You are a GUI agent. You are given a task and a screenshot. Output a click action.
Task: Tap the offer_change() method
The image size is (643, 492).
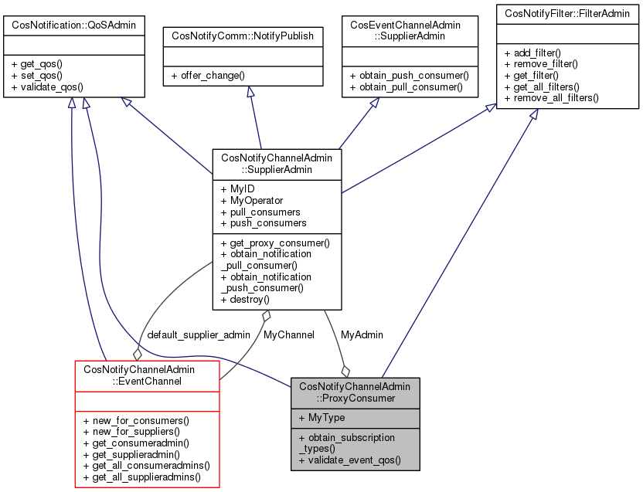209,76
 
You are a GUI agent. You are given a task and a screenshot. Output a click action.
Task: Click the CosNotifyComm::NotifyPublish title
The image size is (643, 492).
243,35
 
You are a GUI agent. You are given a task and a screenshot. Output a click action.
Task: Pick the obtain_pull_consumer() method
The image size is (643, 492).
406,87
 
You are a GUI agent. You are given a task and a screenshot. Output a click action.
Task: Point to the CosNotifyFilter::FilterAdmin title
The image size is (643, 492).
567,13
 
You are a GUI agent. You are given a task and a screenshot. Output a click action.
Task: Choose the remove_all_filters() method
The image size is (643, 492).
551,98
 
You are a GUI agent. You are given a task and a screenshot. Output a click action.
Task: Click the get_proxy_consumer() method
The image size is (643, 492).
275,243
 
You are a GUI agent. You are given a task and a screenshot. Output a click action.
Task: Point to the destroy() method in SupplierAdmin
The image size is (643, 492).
245,299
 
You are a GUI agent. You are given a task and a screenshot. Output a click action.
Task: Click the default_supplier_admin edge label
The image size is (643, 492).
199,335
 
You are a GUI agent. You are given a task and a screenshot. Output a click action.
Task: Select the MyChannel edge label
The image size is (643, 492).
288,335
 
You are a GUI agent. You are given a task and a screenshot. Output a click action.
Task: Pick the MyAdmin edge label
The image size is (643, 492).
362,335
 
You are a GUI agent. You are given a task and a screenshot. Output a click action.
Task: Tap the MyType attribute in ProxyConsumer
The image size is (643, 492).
321,417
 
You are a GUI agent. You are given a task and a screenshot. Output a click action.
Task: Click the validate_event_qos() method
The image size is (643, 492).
349,460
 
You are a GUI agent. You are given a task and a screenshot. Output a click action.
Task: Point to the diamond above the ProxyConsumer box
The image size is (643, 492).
345,370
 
